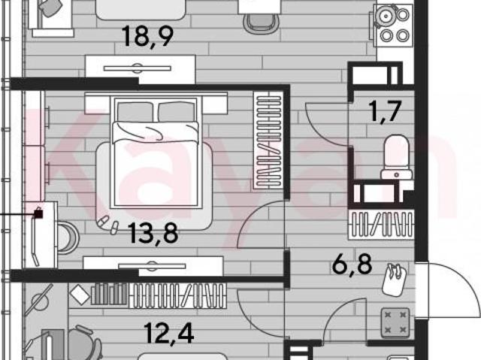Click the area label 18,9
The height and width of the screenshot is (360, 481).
click(x=148, y=37)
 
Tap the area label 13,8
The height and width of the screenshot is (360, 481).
click(x=153, y=233)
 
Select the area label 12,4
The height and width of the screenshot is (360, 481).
click(x=168, y=334)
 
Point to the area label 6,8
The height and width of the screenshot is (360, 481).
click(x=352, y=264)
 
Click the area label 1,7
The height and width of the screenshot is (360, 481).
click(x=385, y=112)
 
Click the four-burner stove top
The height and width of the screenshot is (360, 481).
click(x=394, y=26)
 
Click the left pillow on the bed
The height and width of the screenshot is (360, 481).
click(x=135, y=112)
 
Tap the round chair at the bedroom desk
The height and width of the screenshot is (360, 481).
click(x=68, y=238)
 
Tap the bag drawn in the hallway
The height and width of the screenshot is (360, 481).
click(x=395, y=280)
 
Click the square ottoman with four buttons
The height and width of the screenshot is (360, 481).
click(x=395, y=323)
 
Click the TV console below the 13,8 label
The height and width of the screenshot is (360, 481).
click(x=153, y=266)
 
